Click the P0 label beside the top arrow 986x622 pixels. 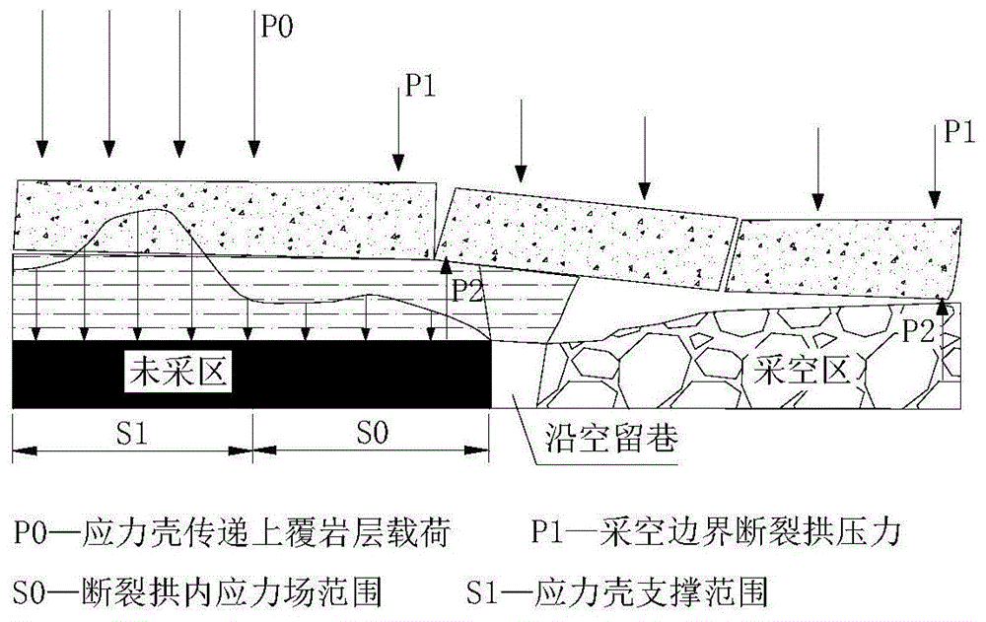click(277, 27)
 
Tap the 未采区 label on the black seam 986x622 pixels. click(177, 373)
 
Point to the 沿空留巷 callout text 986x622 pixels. click(610, 437)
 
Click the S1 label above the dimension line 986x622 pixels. click(132, 433)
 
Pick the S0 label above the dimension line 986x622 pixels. click(373, 433)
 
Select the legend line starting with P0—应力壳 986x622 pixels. click(232, 532)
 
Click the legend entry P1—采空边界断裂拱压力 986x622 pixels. click(716, 532)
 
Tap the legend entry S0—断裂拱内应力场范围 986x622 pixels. click(197, 591)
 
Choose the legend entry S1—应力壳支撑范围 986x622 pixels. click(617, 591)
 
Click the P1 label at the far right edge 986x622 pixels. click(959, 132)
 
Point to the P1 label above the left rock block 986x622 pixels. click(420, 86)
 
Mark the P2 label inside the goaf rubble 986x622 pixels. click(919, 331)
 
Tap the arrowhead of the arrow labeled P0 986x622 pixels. click(253, 149)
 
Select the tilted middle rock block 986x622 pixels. click(586, 239)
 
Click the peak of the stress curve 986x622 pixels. click(152, 209)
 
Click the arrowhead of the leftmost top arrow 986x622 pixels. click(41, 149)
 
